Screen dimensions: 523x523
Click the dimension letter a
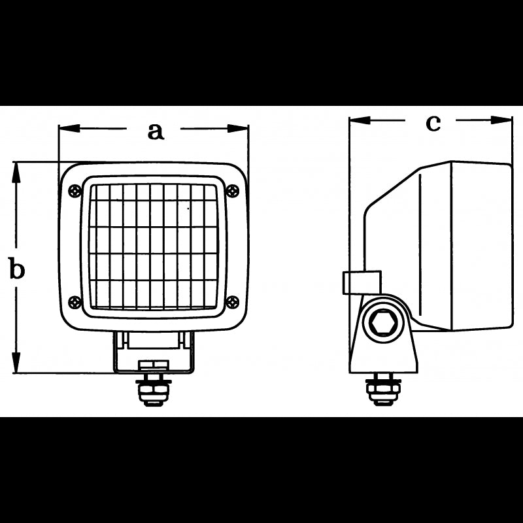154,130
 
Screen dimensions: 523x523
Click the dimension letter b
17,268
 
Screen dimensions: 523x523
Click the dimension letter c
433,122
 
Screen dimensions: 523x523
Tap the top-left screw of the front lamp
73,190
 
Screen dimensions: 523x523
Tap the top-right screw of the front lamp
234,190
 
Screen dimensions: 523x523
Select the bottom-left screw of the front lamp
74,301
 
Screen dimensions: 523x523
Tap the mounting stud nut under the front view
153,390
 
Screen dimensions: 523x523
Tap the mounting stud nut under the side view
381,390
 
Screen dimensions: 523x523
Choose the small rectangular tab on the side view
360,283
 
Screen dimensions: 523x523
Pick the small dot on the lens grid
189,209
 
